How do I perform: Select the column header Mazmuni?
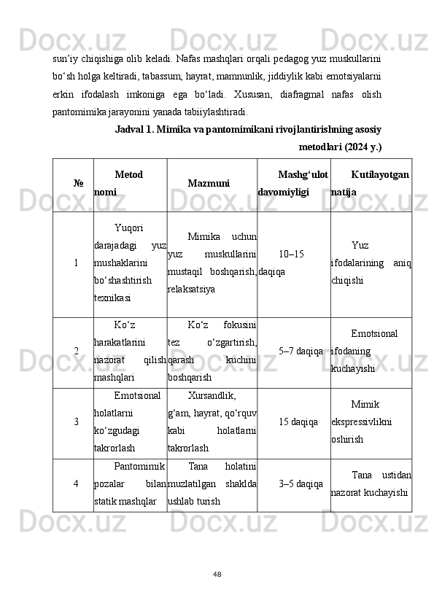click(209, 184)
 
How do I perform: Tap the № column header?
click(77, 184)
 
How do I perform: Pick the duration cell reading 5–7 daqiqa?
click(301, 351)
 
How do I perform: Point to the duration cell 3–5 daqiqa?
click(301, 484)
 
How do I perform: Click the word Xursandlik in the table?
click(211, 396)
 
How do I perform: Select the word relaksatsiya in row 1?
click(191, 289)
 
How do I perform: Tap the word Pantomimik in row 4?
click(141, 466)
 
